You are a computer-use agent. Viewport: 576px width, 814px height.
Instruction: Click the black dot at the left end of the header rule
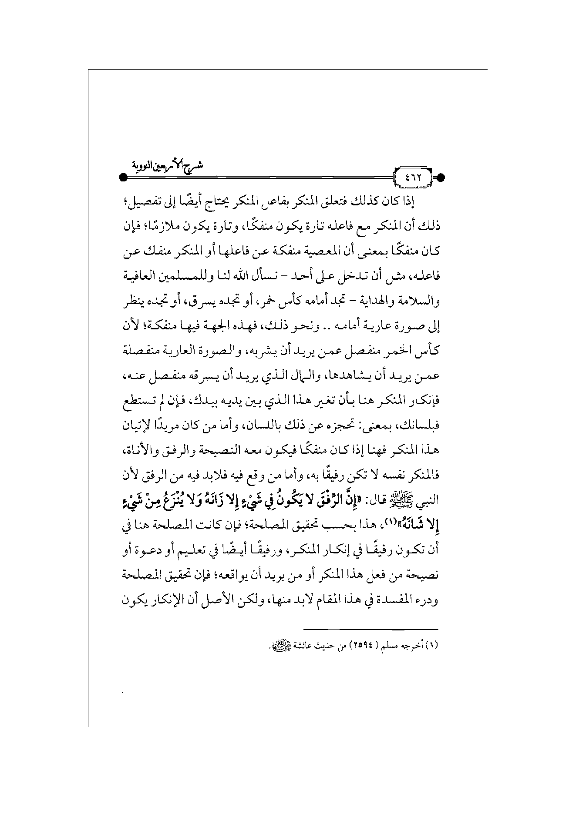pyautogui.click(x=123, y=178)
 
